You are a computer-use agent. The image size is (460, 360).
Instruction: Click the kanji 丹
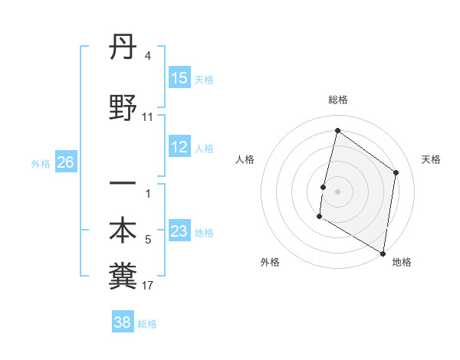coord(123,51)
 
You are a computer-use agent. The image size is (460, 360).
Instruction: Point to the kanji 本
coord(123,231)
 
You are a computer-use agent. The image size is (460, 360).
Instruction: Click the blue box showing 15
coord(179,78)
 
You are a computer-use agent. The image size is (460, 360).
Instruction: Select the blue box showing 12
coord(179,148)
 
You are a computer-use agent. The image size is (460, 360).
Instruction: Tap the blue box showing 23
coord(179,231)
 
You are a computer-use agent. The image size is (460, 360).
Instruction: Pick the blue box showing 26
coord(65,162)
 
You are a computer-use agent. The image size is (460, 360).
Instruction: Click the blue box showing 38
coord(123,322)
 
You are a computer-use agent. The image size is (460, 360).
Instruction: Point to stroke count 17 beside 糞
coord(148,286)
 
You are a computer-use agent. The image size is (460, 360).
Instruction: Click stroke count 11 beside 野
coord(148,117)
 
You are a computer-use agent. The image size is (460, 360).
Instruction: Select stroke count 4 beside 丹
coord(147,56)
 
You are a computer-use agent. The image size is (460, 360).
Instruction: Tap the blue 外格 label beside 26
coord(40,163)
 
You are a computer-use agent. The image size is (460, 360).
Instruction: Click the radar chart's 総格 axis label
coord(338,100)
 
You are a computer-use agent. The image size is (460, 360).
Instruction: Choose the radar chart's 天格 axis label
coord(431,159)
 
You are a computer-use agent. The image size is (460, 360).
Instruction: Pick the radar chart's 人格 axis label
coord(245,159)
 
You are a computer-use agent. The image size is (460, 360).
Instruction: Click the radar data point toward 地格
coord(383,253)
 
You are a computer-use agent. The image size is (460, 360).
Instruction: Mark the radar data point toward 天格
coord(396,172)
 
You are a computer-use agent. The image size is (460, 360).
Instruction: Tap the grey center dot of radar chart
coord(337,191)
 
